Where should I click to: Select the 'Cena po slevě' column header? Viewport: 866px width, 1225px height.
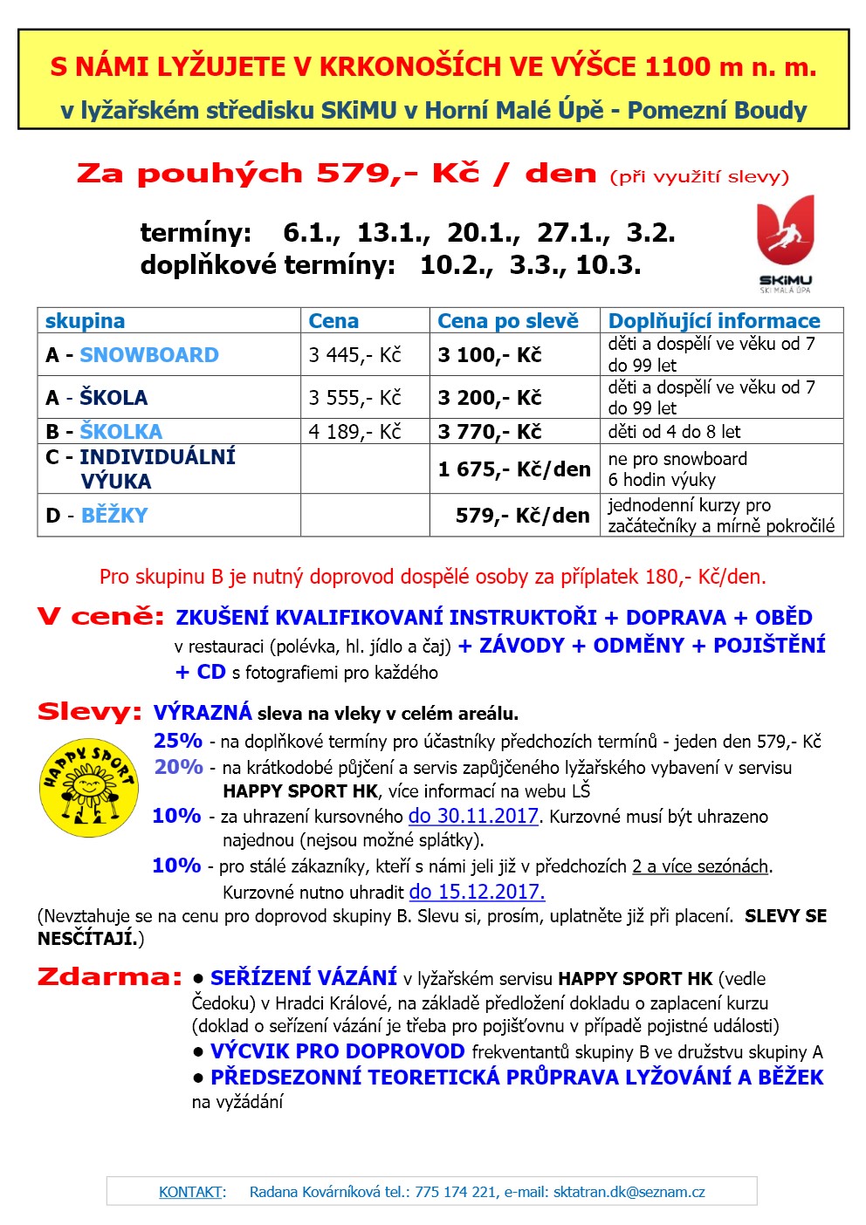(507, 321)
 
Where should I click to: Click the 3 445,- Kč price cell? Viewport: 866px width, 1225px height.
(354, 355)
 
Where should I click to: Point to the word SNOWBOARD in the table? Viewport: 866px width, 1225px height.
(149, 355)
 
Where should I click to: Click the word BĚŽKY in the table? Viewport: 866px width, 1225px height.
(114, 516)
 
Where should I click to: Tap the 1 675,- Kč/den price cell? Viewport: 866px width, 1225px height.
(514, 469)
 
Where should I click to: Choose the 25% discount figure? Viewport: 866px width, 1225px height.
(178, 741)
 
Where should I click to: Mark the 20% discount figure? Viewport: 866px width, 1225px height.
(178, 767)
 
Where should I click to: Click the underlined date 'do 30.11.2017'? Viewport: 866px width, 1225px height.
(474, 817)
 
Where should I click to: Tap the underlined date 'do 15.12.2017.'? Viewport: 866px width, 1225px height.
(477, 892)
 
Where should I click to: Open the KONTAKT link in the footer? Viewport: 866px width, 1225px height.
(190, 1192)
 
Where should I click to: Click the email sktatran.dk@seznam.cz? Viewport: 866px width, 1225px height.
(629, 1192)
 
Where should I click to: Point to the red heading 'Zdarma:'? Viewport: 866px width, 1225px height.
(110, 977)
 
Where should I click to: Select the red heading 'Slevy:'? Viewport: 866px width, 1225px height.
(89, 712)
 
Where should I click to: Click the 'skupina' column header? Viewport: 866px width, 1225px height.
(85, 321)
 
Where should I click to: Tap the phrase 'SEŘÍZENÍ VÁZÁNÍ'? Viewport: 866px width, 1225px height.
(304, 978)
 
